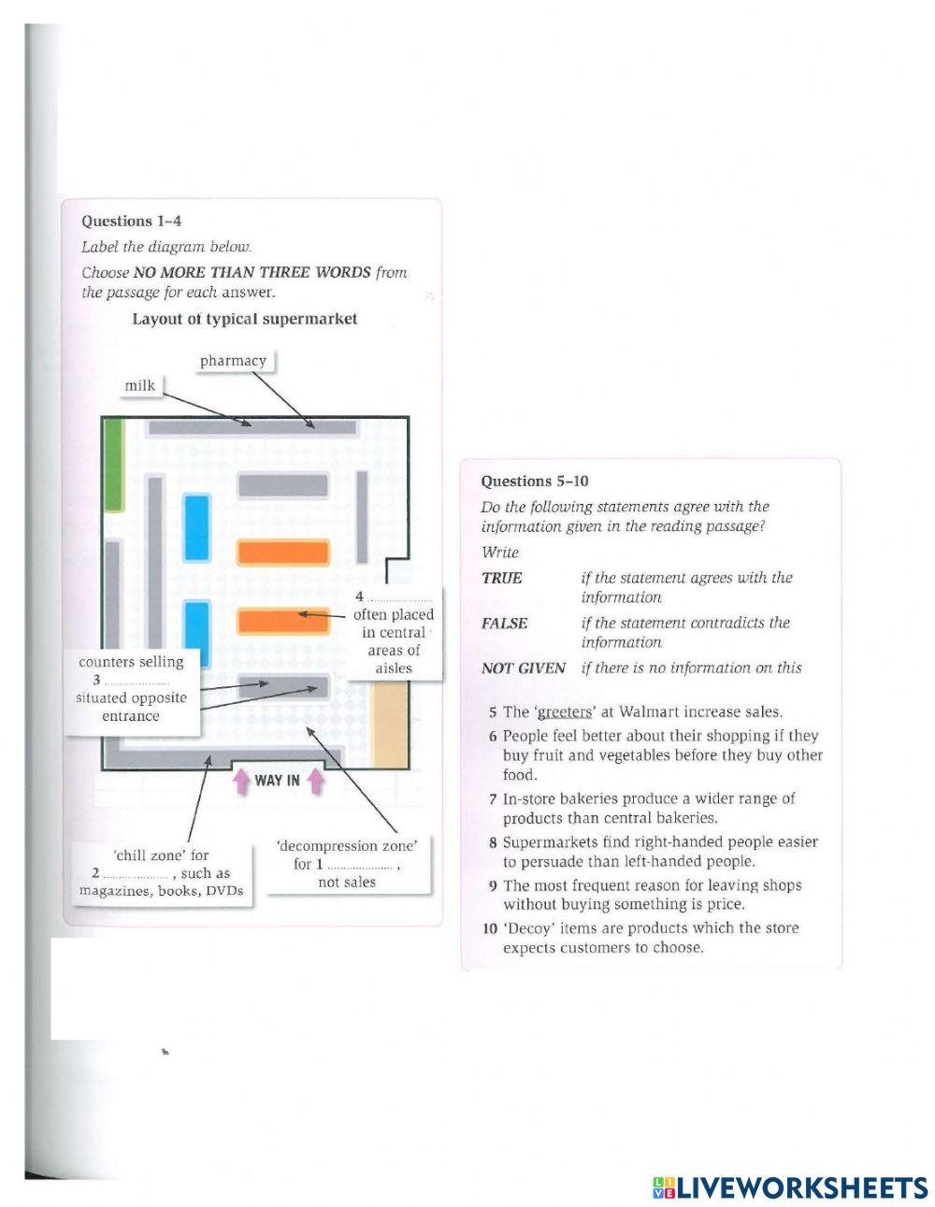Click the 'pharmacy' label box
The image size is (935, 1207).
233,361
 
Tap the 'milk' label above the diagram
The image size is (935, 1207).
140,385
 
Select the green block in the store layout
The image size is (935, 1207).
114,465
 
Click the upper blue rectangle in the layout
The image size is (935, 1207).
196,527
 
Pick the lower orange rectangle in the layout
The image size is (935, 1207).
283,621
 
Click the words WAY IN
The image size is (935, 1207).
278,781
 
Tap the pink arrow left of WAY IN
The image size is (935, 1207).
241,781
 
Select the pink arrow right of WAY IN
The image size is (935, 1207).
315,780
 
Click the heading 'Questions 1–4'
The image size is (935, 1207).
131,222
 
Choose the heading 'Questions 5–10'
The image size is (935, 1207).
535,481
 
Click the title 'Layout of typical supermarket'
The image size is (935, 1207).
245,319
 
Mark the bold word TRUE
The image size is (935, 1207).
502,578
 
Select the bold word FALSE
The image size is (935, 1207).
505,624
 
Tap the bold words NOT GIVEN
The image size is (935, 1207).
523,668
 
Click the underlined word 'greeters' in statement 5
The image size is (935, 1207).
565,712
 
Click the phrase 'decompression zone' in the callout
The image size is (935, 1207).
346,846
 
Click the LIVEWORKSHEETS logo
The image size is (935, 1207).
791,1187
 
